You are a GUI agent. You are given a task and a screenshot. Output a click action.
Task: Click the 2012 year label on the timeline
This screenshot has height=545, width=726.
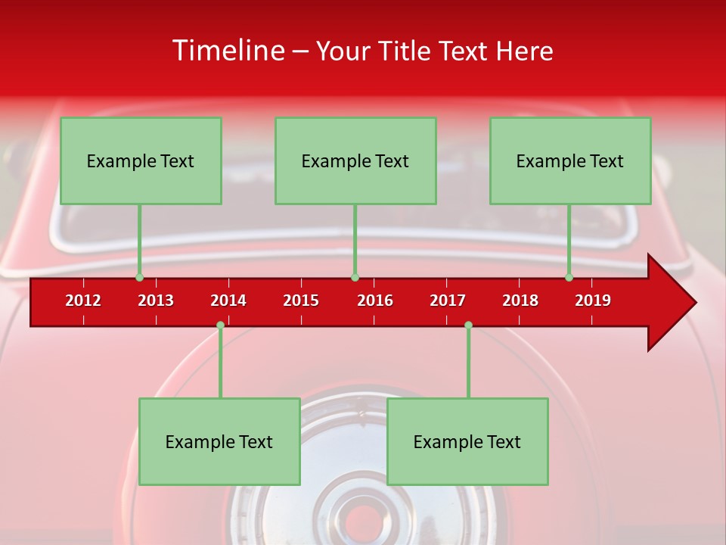point(83,301)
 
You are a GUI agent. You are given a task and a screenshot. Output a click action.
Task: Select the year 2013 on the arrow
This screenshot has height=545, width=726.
point(156,301)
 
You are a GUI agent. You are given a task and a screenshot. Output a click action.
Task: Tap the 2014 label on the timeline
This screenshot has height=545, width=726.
point(228,301)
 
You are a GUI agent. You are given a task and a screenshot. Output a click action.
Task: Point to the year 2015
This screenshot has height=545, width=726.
point(301,301)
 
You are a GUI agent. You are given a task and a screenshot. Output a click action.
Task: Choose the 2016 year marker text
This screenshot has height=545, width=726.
point(375,301)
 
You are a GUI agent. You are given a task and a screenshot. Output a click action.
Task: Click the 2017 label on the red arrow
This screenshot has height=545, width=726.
point(448,301)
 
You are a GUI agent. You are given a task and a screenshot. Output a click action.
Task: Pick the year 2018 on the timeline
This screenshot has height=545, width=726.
point(520,301)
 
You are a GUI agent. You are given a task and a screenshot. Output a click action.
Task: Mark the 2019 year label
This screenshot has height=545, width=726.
point(593,301)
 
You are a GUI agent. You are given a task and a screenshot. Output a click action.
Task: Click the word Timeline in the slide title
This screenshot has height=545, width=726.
point(228,51)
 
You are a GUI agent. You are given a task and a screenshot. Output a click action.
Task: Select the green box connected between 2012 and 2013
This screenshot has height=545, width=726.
point(141,160)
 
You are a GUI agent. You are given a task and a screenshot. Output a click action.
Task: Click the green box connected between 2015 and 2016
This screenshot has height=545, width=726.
point(355,160)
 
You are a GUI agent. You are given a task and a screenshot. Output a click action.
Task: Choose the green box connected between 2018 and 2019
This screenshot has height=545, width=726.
point(570,160)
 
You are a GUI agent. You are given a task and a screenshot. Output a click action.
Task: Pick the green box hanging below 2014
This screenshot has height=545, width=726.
point(219,441)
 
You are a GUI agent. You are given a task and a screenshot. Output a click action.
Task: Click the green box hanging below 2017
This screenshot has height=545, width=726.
point(467,441)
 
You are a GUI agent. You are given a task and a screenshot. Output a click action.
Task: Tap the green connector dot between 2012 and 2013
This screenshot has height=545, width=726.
point(139,277)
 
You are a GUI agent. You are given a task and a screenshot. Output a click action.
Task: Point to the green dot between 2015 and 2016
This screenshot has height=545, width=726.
point(355,277)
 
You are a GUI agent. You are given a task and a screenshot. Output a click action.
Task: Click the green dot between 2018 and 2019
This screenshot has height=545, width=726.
point(569,277)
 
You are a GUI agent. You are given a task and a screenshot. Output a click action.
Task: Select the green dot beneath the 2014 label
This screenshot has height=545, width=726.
point(220,325)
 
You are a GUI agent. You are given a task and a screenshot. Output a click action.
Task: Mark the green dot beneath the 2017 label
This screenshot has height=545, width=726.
point(468,325)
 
